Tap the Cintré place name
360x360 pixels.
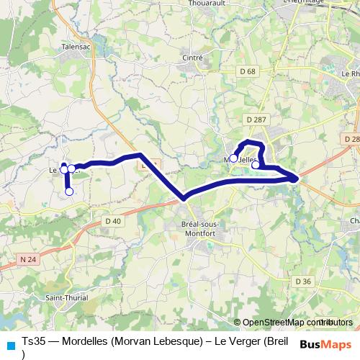coord(194,58)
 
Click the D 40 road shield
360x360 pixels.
coord(112,220)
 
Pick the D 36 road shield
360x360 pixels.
coord(303,281)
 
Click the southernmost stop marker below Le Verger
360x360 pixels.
coord(69,192)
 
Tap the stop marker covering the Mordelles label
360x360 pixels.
coord(234,158)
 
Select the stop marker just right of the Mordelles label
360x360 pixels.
coord(256,165)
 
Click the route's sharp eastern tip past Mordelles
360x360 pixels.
coord(297,177)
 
